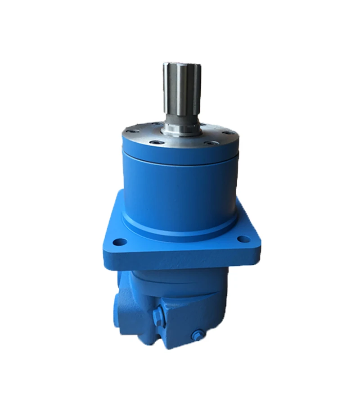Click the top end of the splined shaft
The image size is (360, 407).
[181, 64]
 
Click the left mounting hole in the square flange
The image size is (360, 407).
[119, 242]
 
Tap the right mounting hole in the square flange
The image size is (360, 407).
[243, 239]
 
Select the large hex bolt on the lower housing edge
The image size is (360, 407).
[157, 315]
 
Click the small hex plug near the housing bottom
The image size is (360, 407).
[197, 335]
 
